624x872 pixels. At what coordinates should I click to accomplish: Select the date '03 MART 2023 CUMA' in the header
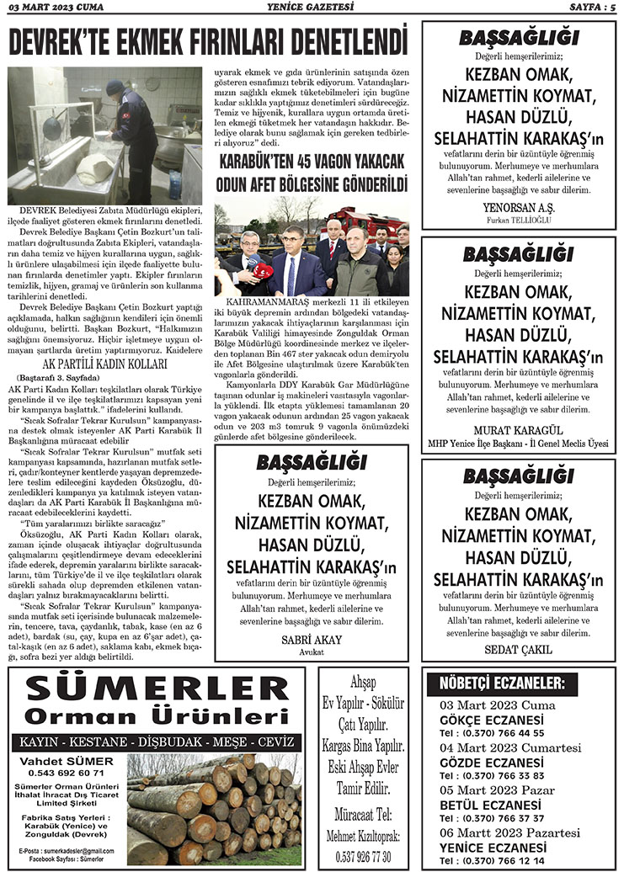tap(52, 8)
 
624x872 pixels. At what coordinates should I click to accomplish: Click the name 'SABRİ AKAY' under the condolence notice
tap(312, 640)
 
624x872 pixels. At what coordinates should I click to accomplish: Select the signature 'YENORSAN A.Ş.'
tap(518, 207)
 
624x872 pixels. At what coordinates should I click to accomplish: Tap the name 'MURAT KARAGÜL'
tap(518, 427)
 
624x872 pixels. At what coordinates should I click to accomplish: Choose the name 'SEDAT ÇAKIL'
tap(518, 649)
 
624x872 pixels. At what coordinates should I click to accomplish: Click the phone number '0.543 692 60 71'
tap(66, 772)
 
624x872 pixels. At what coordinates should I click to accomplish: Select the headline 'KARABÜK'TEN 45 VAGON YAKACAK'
tap(312, 162)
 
